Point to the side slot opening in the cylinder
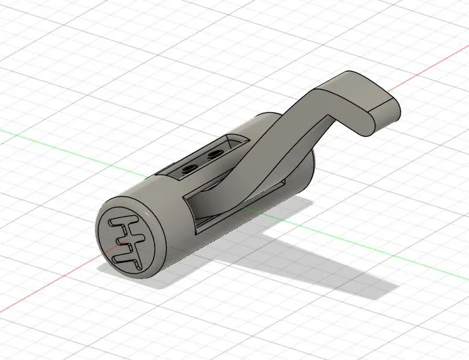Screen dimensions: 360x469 pyautogui.click(x=199, y=213)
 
